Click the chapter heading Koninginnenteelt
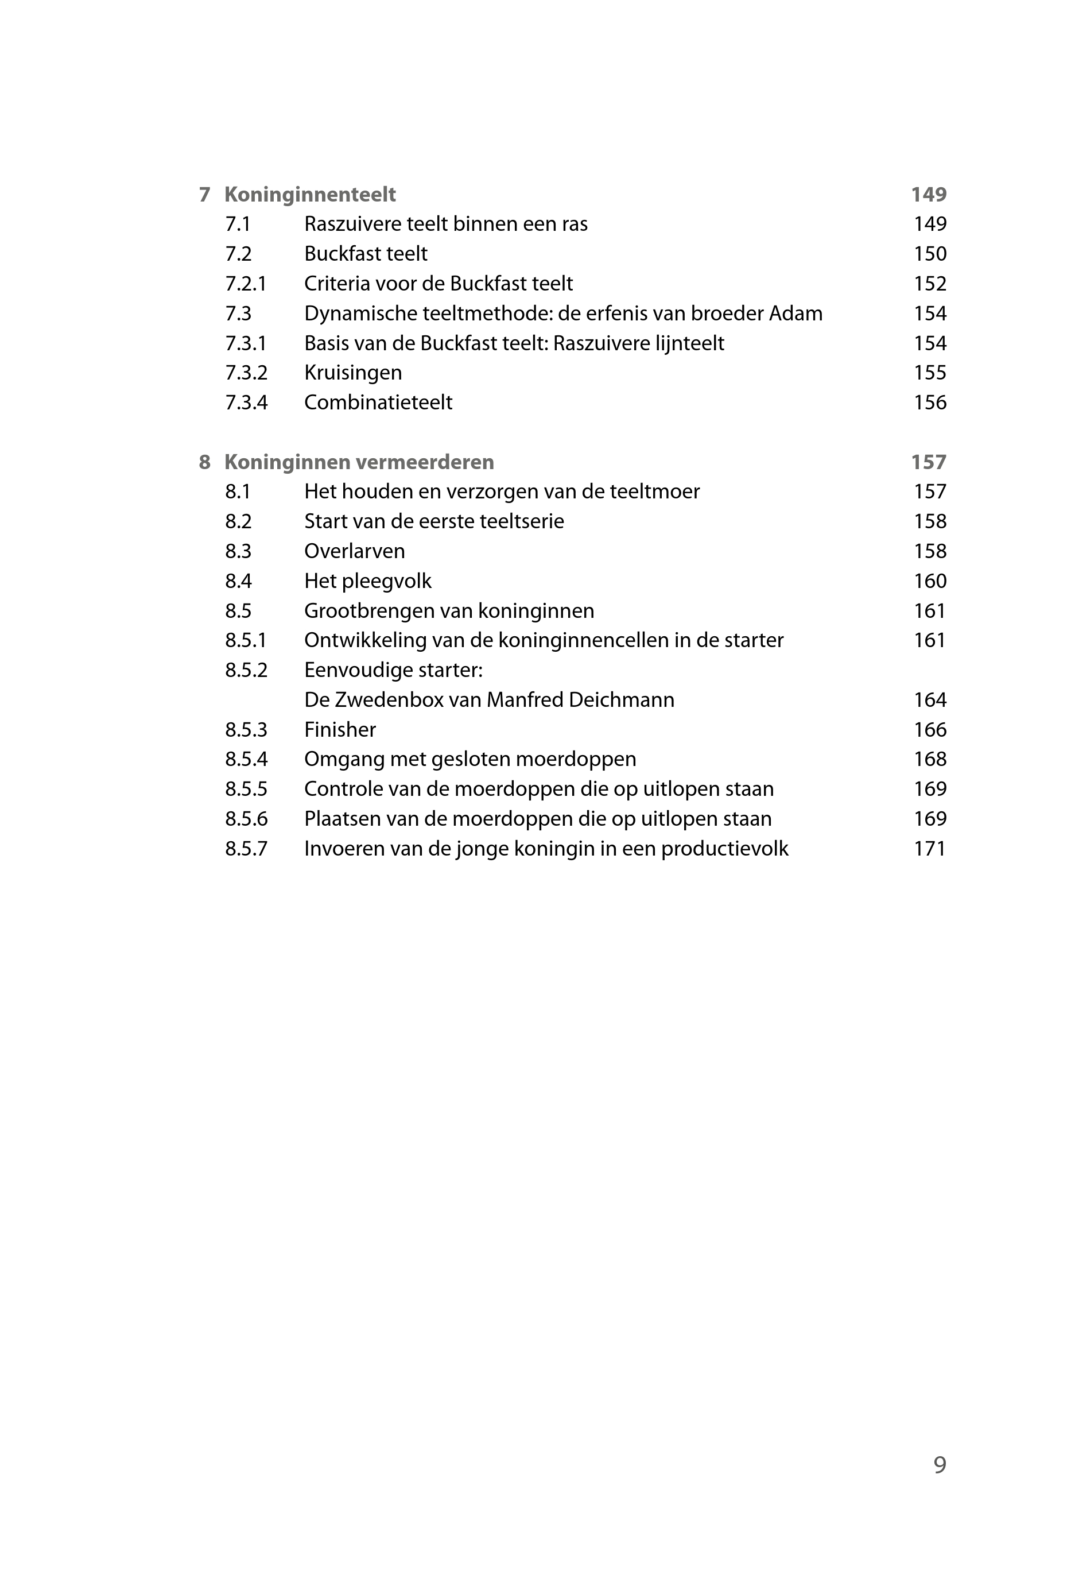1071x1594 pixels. [x=309, y=195]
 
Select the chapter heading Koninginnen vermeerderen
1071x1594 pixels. [x=359, y=463]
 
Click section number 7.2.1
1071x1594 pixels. [x=246, y=284]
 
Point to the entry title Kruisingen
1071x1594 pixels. [x=352, y=373]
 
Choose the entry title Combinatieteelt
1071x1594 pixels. [x=378, y=403]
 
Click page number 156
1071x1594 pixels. [x=930, y=403]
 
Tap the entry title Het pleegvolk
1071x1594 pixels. [x=367, y=582]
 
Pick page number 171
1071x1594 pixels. [x=930, y=849]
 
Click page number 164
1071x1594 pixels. [x=930, y=701]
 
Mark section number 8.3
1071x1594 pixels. [x=238, y=551]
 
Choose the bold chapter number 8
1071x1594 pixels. [x=204, y=463]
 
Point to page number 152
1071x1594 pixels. [x=930, y=284]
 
